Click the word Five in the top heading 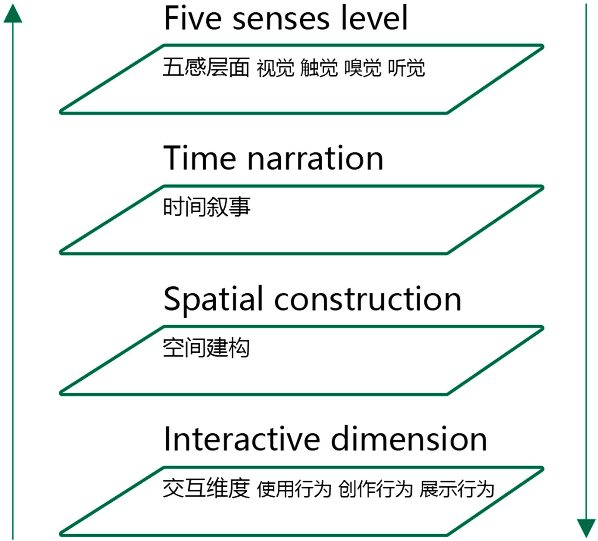tap(193, 18)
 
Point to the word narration tap(316, 159)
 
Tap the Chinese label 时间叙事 tap(207, 207)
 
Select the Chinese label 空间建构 tap(206, 348)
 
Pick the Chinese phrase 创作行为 tap(375, 489)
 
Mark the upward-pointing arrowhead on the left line tap(13, 14)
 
